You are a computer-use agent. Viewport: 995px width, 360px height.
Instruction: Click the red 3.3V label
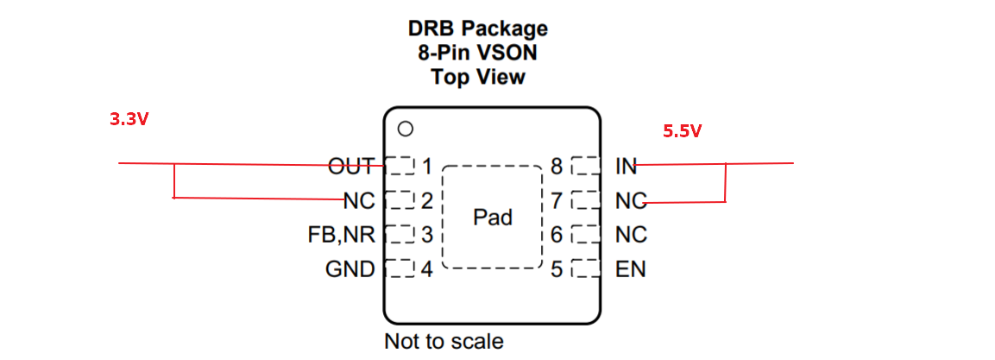[x=129, y=120]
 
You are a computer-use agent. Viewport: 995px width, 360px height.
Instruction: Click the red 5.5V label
[x=682, y=131]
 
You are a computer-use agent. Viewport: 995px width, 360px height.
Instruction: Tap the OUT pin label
[x=350, y=165]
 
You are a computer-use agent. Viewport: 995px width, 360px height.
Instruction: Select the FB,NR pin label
[x=341, y=235]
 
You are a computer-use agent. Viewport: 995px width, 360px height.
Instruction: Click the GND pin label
[x=350, y=269]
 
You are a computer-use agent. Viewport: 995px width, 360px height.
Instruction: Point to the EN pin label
[x=630, y=269]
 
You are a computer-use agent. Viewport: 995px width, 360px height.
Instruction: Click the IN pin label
[x=626, y=165]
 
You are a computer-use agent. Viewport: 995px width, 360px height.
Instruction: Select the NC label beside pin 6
[x=631, y=235]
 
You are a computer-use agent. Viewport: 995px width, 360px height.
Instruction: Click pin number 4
[x=425, y=269]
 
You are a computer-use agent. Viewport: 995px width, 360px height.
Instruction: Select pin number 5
[x=557, y=269]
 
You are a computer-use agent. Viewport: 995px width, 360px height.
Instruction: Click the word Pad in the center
[x=493, y=217]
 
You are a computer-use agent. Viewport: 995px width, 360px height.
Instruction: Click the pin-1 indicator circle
[x=405, y=129]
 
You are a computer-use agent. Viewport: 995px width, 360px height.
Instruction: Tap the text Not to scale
[x=444, y=340]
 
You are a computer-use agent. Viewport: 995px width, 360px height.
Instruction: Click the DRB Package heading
[x=477, y=28]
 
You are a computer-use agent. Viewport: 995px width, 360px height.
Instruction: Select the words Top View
[x=477, y=77]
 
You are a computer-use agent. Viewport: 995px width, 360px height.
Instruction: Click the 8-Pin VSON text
[x=477, y=53]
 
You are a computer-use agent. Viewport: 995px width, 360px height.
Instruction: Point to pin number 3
[x=425, y=235]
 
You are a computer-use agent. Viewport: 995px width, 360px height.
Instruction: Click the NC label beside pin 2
[x=359, y=200]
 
